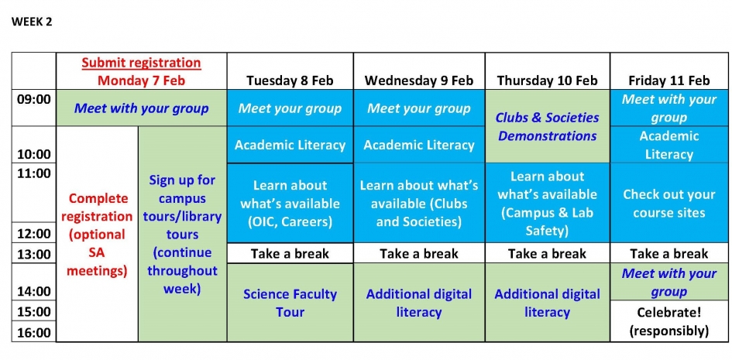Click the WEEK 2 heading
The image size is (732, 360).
point(32,22)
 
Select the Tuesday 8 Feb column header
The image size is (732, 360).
point(290,81)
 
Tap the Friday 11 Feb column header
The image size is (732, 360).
point(669,81)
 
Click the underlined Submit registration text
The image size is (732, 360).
point(142,63)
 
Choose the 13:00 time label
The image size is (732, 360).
point(33,254)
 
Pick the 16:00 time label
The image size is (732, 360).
point(33,332)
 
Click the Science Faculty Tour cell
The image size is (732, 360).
point(290,303)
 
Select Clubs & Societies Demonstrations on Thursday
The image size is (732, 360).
point(547,126)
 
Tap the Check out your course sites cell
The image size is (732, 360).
point(669,203)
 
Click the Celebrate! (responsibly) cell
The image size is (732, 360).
point(669,321)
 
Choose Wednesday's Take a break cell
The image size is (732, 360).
point(419,253)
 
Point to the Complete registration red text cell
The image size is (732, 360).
point(97,234)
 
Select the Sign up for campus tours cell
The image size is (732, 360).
point(183,234)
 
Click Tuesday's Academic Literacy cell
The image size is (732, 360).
point(290,145)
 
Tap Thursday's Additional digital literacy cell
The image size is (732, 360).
point(547,303)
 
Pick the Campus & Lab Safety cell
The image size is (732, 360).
point(547,203)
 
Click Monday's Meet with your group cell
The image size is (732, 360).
point(142,108)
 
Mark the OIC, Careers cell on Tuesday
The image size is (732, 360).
point(290,203)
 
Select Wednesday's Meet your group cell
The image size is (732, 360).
point(419,108)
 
